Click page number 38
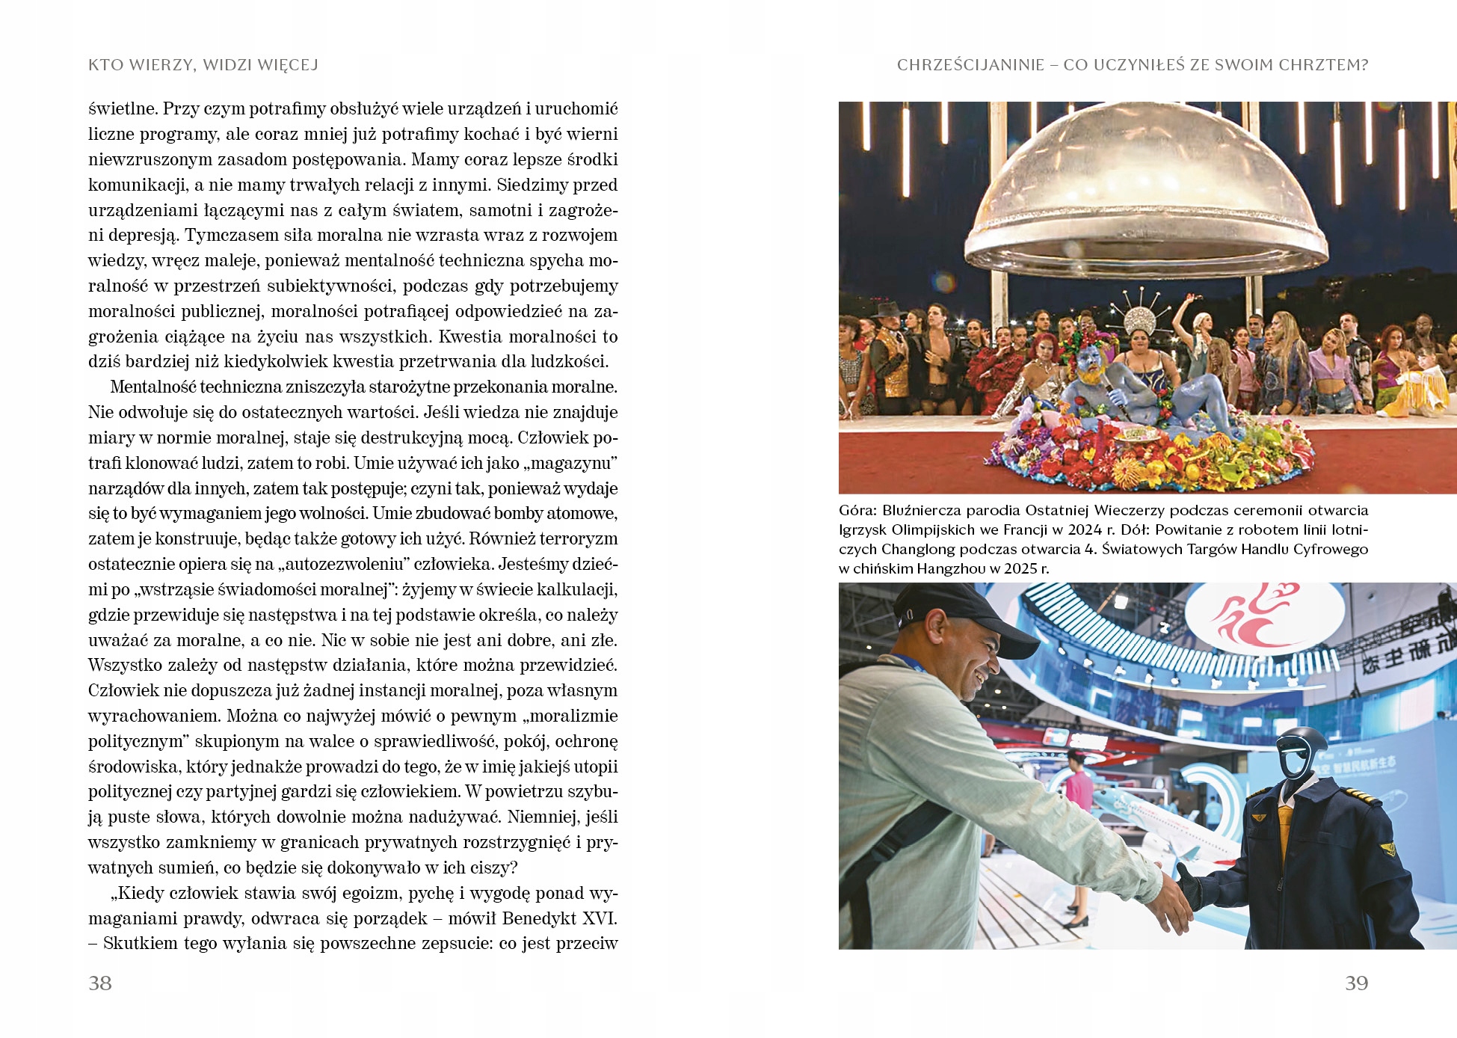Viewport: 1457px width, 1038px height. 100,983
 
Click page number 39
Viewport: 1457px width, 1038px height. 1356,983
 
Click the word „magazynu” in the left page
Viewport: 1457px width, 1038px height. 572,464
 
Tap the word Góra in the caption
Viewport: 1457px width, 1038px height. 857,511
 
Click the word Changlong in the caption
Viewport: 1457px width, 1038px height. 917,549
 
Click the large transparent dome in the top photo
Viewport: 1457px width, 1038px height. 1143,187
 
